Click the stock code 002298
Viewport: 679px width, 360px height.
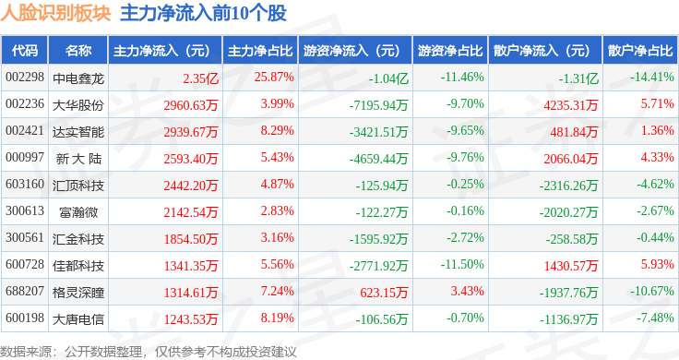(25, 78)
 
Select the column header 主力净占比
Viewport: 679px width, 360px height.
(260, 51)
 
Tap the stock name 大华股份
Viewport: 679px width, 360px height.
(78, 105)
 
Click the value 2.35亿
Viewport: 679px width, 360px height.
(200, 78)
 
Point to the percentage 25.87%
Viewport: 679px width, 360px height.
(274, 78)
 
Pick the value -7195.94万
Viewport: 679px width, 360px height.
(379, 105)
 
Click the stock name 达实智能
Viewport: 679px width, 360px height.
(78, 132)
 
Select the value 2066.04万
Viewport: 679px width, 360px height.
(571, 159)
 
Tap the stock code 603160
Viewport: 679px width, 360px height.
(25, 184)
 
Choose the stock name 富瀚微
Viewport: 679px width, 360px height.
(78, 212)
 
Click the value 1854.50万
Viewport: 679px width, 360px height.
(191, 239)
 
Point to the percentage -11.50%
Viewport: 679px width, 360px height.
(462, 264)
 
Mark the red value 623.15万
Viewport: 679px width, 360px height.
(384, 293)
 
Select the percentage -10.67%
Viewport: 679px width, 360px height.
(651, 291)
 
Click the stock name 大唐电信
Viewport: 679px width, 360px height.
(78, 319)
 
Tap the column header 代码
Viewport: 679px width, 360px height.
(25, 51)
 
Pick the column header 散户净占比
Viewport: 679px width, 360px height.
(641, 51)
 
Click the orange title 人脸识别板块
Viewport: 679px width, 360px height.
(55, 13)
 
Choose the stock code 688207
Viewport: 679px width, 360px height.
(25, 291)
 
